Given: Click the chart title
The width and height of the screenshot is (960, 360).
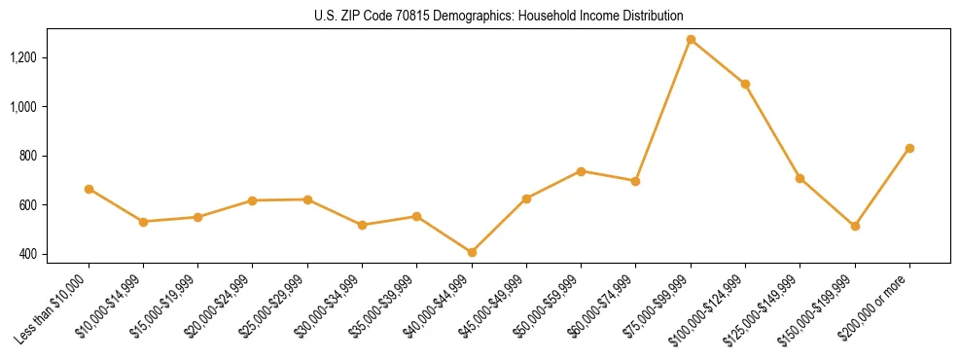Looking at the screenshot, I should (499, 16).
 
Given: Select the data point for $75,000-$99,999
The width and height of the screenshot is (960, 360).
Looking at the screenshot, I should (691, 40).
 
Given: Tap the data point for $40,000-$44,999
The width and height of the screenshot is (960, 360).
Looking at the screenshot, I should (472, 252).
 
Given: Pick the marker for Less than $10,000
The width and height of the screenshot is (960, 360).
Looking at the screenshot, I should (89, 189).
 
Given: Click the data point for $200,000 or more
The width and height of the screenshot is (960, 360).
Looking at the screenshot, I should (909, 148).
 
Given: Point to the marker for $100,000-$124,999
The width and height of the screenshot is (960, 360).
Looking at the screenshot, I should (745, 85).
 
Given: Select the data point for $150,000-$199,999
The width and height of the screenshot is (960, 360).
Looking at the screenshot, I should (855, 226).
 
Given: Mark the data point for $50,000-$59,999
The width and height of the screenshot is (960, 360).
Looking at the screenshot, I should (581, 171).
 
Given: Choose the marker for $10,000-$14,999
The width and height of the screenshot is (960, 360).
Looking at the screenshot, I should (143, 222).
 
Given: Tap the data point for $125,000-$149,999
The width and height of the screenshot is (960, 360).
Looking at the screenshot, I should (800, 178).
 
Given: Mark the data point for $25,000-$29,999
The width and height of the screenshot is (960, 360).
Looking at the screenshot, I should (307, 199).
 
